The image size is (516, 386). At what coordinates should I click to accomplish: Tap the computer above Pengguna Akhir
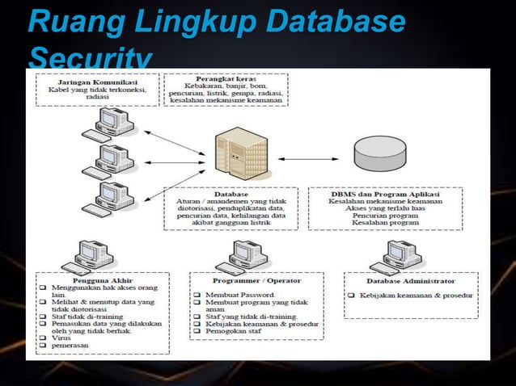click(81, 258)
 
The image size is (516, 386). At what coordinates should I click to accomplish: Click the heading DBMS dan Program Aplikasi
click(386, 194)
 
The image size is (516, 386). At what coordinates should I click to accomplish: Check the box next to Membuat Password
click(197, 296)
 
